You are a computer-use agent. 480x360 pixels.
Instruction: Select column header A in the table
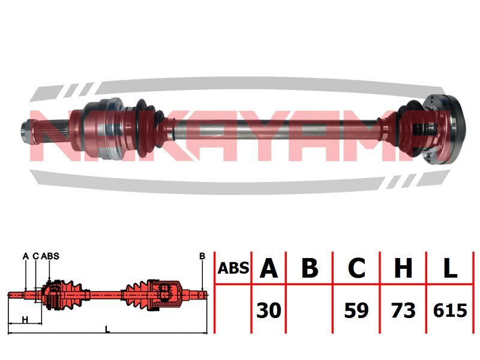269,268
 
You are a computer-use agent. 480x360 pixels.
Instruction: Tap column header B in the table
310,268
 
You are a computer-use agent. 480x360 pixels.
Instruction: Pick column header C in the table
356,268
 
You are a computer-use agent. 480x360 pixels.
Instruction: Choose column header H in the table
403,268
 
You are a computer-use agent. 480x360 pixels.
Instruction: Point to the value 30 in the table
269,311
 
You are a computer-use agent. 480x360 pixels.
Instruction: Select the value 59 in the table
356,311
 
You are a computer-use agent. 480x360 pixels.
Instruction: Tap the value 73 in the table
403,311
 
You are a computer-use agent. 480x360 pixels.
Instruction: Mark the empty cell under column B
310,311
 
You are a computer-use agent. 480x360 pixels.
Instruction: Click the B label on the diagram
202,256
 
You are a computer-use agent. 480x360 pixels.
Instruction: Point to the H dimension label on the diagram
25,319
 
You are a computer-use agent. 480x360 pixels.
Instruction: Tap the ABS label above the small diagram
52,256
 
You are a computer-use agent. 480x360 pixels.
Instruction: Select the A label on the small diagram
26,256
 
